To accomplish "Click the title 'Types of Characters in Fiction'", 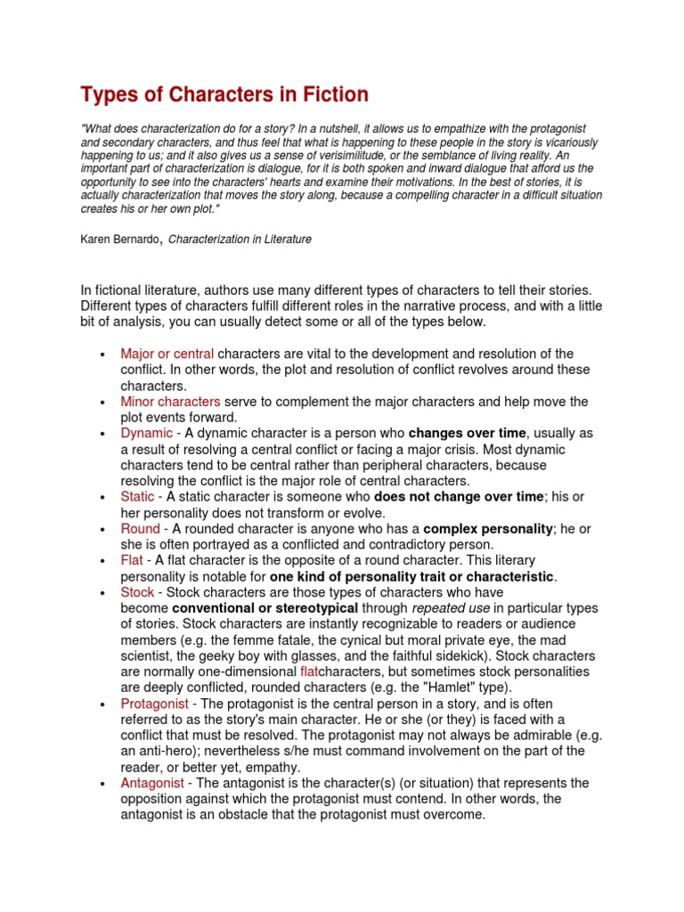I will [x=224, y=94].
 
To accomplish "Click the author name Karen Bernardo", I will [x=119, y=240].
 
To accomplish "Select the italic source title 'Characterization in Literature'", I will [x=240, y=240].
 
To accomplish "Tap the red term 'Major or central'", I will [x=167, y=354].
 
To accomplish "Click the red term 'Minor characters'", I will [x=170, y=402].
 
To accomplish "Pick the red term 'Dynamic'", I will [x=147, y=433].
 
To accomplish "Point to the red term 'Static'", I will [x=138, y=496].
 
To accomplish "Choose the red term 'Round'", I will [x=141, y=528].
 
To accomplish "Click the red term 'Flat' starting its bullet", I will [x=132, y=560].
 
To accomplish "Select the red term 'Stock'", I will [x=138, y=591].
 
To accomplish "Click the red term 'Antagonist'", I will [x=152, y=783].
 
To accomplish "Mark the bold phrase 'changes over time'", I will [x=468, y=433].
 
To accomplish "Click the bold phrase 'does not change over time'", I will [x=458, y=496].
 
